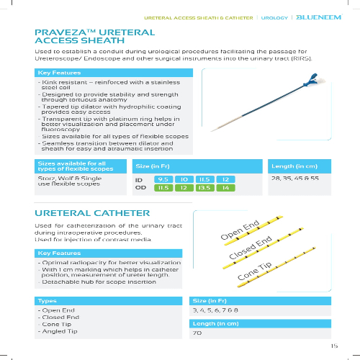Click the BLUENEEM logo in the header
point(319,17)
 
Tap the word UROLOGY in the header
point(274,18)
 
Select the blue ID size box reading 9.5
point(163,179)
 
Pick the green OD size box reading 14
point(225,188)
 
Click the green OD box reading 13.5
point(205,188)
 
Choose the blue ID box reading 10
point(184,179)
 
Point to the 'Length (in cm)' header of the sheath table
point(294,166)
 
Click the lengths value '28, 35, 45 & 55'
point(295,178)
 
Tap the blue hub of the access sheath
point(312,80)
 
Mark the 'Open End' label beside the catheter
point(240,230)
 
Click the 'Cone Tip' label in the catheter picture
point(254,271)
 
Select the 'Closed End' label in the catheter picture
point(251,248)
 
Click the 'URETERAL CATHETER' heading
point(92,213)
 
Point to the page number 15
point(334,346)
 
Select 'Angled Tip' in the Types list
point(60,331)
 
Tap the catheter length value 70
point(197,333)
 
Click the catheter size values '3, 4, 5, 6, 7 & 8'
point(215,310)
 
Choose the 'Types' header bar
point(108,301)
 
